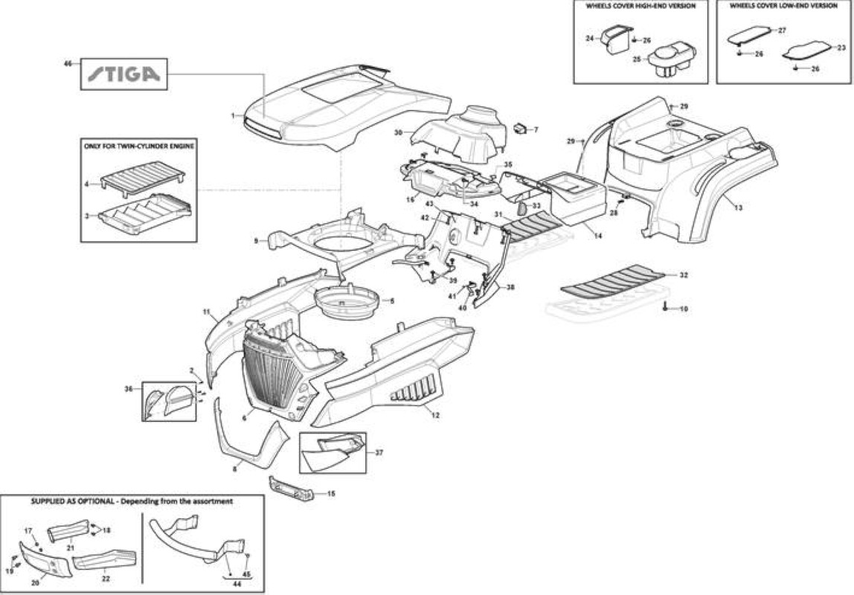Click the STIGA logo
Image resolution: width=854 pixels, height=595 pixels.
pyautogui.click(x=124, y=74)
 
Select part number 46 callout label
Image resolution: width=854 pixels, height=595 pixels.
pyautogui.click(x=68, y=64)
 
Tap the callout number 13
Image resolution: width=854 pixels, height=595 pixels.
pyautogui.click(x=738, y=208)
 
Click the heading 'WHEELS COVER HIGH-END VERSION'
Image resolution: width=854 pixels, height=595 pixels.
pyautogui.click(x=640, y=6)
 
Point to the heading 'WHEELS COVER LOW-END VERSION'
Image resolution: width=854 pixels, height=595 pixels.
pyautogui.click(x=783, y=6)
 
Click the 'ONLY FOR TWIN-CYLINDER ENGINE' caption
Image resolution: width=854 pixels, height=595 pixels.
pyautogui.click(x=139, y=146)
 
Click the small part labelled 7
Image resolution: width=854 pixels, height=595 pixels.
pyautogui.click(x=519, y=128)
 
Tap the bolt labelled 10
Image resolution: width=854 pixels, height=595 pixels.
pyautogui.click(x=666, y=307)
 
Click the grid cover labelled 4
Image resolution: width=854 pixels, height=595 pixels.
pyautogui.click(x=143, y=180)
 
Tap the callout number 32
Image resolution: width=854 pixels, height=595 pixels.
pyautogui.click(x=684, y=275)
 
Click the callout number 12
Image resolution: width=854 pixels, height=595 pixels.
pyautogui.click(x=435, y=415)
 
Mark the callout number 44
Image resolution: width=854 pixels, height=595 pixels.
pyautogui.click(x=237, y=584)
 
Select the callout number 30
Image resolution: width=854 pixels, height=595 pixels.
pyautogui.click(x=398, y=132)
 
